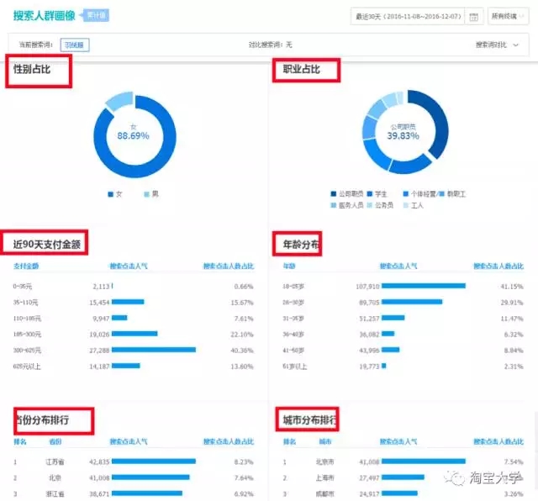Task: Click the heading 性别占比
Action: (33, 69)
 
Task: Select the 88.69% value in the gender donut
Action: (133, 135)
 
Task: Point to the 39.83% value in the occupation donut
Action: (403, 135)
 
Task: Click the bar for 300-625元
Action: (153, 349)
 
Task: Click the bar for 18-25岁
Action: (423, 286)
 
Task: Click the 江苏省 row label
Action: (55, 461)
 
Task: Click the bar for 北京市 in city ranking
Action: (423, 461)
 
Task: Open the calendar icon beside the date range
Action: (473, 16)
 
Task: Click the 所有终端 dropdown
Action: (508, 16)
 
